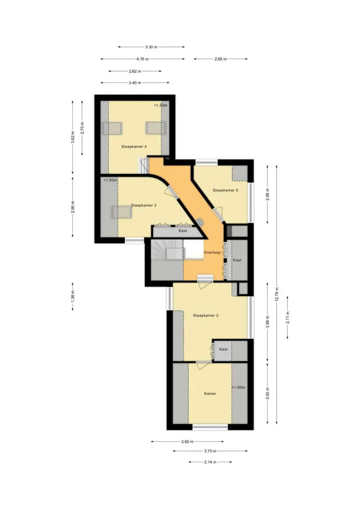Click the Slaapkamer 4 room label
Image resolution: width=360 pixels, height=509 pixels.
coord(134,147)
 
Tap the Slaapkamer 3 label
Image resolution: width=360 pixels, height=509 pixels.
coord(143,205)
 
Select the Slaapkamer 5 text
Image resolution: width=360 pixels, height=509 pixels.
coord(225,190)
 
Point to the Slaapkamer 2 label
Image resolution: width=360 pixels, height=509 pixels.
coord(205,315)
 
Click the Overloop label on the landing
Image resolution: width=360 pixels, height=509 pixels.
coord(212,253)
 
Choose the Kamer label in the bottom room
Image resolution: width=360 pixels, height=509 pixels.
coord(210,394)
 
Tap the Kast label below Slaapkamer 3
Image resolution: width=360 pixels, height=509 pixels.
coord(183,231)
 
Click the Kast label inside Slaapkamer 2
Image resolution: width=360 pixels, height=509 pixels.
coord(223,349)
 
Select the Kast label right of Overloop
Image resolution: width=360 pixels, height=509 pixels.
coord(237,260)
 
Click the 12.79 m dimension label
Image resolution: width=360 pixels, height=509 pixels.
coord(277,294)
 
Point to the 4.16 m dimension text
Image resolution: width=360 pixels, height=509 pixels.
coord(142,59)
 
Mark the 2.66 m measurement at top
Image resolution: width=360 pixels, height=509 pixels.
coord(220,59)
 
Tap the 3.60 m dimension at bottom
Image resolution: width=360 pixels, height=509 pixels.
coord(187,442)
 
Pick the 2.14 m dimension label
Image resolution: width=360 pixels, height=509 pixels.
coord(210,462)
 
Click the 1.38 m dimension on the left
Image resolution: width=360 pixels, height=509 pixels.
coord(73,296)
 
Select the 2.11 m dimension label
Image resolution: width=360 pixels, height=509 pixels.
coord(288,317)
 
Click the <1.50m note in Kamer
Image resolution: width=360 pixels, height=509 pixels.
coord(238,388)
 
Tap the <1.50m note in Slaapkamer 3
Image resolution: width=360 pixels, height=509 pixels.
coord(110,180)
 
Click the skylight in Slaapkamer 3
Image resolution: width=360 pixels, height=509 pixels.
coord(121,212)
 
